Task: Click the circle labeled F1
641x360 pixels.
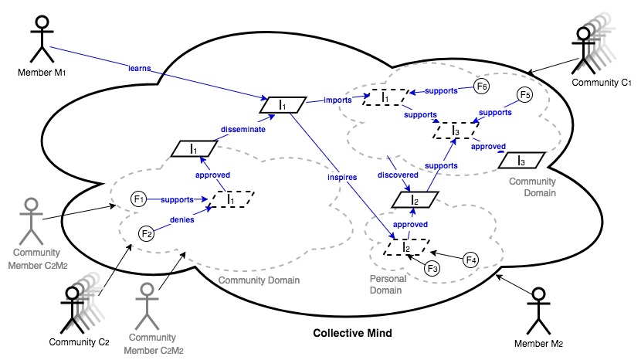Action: [x=139, y=200]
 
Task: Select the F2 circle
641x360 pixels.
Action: [x=147, y=233]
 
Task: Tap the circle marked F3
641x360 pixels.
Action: [x=434, y=268]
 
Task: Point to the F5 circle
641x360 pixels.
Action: [x=524, y=96]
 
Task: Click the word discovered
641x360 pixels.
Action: [x=399, y=174]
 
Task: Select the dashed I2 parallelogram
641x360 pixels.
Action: [x=403, y=247]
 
